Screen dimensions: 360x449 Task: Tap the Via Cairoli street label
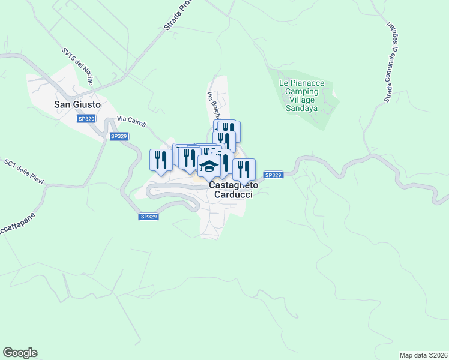tap(132, 122)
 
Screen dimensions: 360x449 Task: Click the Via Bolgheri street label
tap(214, 107)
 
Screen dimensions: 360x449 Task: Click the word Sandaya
tap(301, 110)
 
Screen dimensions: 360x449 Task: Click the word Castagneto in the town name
tap(234, 186)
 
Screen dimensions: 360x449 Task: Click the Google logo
tap(20, 353)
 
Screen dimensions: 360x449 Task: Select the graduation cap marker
tap(209, 167)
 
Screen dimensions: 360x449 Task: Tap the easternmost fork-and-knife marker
tap(244, 169)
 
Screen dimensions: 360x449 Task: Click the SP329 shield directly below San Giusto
tap(86, 119)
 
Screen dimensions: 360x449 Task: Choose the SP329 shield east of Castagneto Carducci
tap(273, 175)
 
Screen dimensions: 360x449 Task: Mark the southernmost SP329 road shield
tap(148, 217)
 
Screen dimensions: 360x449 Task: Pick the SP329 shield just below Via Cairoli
tap(119, 136)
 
